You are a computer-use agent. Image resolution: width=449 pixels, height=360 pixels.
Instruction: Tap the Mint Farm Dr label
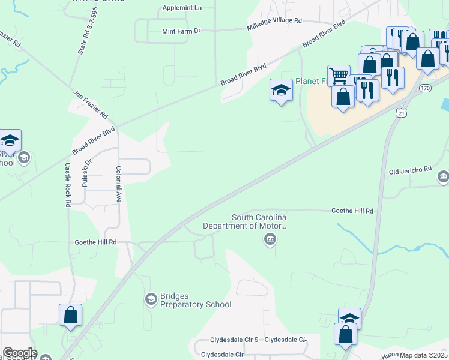point(181,31)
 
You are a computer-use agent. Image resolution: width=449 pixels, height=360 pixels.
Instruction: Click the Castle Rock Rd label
point(67,185)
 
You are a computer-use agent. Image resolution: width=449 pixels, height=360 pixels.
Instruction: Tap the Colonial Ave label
point(119,184)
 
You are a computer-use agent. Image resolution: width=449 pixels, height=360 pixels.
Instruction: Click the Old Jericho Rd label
point(410,170)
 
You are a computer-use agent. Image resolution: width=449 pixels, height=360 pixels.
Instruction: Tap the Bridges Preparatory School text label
point(196,301)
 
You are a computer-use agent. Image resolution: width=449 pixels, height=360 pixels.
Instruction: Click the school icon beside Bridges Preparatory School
point(151,298)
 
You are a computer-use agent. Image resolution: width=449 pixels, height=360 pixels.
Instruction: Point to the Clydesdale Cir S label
point(234,340)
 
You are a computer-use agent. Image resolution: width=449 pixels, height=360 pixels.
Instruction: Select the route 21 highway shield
point(401,112)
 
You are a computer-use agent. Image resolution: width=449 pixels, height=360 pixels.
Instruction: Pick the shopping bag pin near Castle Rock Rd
point(70,314)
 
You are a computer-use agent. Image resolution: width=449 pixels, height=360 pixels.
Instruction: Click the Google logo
point(19,353)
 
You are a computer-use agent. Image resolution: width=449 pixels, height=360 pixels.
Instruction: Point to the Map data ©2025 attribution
point(423,355)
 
